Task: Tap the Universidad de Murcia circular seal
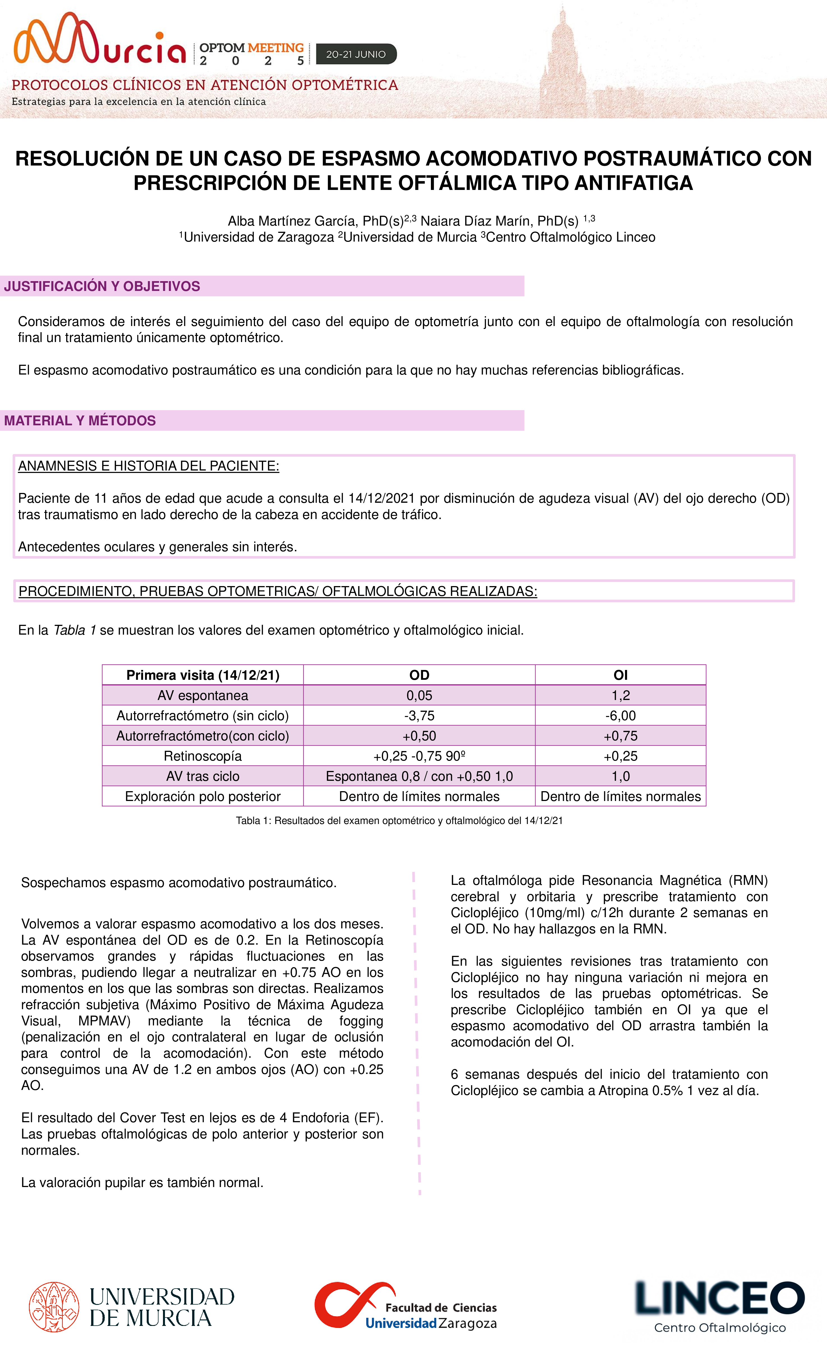point(54,1307)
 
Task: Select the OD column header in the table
point(419,675)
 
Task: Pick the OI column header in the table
point(620,675)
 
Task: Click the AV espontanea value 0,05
point(419,695)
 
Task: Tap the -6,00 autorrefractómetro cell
point(620,715)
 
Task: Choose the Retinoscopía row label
point(203,756)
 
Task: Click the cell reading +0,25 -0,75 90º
point(419,756)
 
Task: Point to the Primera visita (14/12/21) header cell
point(203,675)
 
